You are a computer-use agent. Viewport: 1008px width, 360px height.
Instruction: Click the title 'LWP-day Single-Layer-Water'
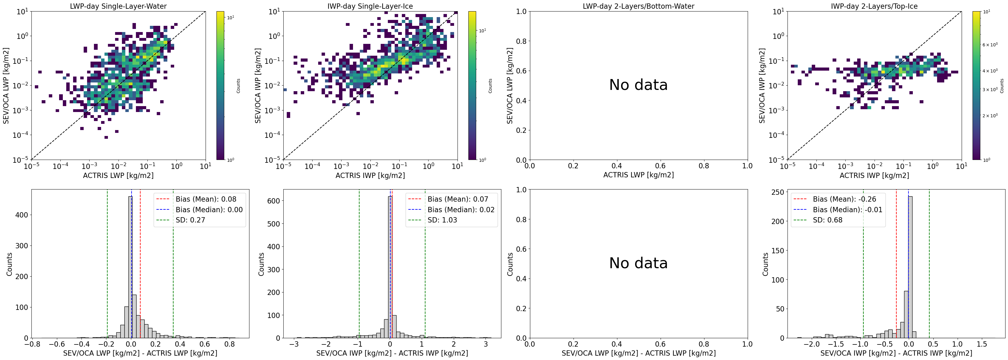[x=118, y=6]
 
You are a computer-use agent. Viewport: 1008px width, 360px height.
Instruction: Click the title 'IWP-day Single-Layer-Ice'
[x=370, y=6]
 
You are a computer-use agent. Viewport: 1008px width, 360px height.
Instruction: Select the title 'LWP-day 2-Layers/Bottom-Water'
[x=639, y=6]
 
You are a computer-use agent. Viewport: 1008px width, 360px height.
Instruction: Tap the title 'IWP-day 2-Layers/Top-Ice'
[x=874, y=6]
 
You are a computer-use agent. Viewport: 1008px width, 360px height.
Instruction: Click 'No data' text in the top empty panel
[x=638, y=85]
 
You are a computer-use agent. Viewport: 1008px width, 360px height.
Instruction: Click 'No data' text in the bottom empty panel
[x=638, y=263]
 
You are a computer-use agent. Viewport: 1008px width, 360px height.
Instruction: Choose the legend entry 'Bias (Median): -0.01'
[x=837, y=210]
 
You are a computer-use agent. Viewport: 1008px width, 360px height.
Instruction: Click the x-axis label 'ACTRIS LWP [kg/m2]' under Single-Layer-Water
[x=118, y=175]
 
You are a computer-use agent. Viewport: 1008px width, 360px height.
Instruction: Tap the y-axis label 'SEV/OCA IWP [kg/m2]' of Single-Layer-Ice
[x=258, y=85]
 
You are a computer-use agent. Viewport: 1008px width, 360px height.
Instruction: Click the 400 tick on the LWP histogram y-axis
[x=22, y=215]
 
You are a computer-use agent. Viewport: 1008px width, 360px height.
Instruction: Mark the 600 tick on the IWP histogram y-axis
[x=274, y=201]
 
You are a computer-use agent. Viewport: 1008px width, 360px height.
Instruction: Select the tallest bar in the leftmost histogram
[x=130, y=267]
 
